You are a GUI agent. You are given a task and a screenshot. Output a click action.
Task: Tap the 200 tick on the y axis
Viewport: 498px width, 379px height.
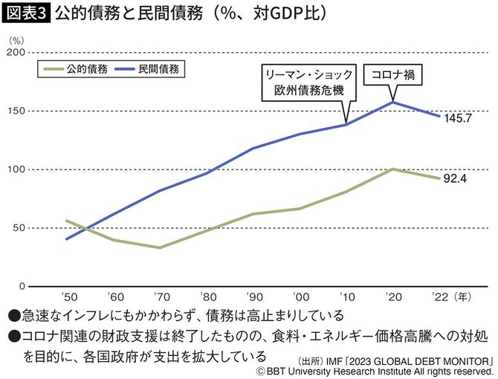16,53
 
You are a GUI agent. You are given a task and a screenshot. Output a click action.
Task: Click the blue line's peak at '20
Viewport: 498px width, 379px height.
392,102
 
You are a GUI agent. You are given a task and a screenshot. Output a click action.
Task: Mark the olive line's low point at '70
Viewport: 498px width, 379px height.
160,247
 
